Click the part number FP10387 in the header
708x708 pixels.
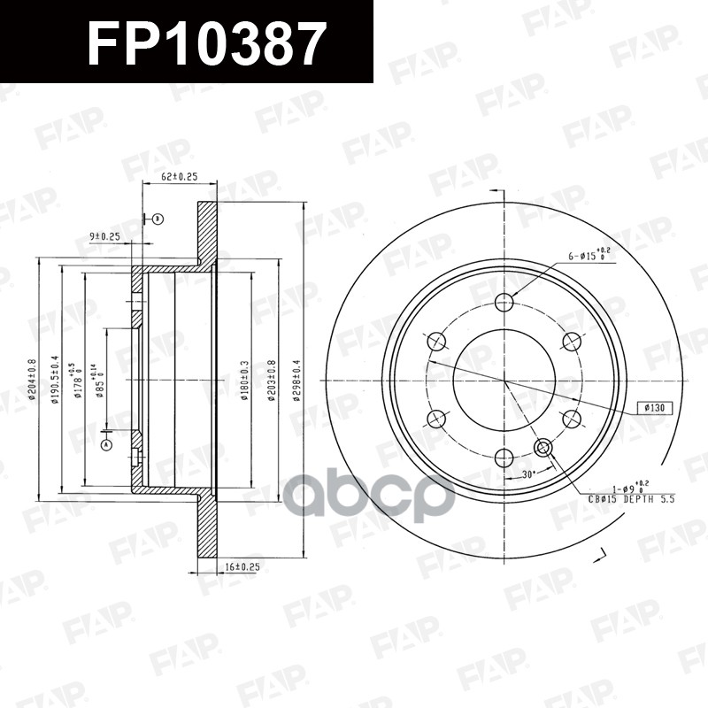coord(206,42)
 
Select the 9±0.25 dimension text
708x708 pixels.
coord(104,236)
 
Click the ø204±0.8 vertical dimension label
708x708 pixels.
coord(32,379)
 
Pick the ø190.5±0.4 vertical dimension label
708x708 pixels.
coord(55,379)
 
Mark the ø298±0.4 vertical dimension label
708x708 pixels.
coord(297,379)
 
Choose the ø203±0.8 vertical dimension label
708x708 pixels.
coord(273,379)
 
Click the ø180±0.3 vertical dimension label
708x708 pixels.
coord(244,379)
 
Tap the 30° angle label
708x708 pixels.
coord(529,475)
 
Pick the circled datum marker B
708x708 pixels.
coord(157,218)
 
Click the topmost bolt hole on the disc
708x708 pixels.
coord(504,303)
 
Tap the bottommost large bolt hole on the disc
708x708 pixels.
coord(504,458)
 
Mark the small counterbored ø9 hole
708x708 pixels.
coord(543,448)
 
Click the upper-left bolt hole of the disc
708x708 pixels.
coord(437,342)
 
